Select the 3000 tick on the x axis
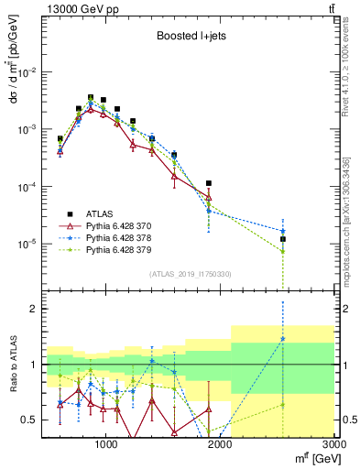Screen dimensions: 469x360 (x=334, y=443)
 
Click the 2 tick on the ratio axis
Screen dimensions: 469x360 (x=35, y=309)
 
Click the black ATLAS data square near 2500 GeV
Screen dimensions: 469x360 (x=283, y=239)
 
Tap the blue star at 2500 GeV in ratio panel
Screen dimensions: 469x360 (x=283, y=339)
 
